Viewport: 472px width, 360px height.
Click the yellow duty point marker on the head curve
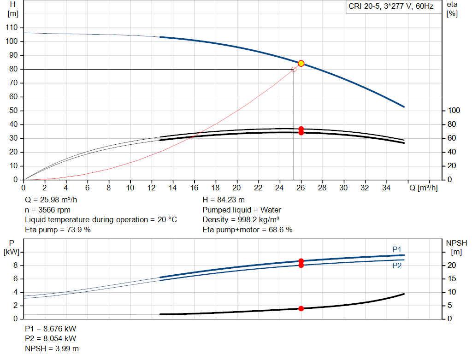tap(301, 63)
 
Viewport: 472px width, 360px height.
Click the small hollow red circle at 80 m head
tap(294, 69)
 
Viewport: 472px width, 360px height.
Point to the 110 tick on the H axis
tap(13, 28)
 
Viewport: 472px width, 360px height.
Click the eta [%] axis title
tap(452, 9)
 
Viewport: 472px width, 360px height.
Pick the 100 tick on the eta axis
tap(454, 111)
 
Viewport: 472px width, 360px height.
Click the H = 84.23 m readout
tap(224, 200)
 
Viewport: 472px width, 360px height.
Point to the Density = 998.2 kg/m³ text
tap(241, 220)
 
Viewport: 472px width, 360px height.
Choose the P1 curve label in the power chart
tap(397, 249)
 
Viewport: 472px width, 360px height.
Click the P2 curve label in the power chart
tap(397, 266)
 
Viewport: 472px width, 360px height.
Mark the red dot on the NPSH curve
tap(301, 308)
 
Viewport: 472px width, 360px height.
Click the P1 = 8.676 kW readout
tap(51, 329)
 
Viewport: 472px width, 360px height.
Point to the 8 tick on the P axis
tap(15, 266)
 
